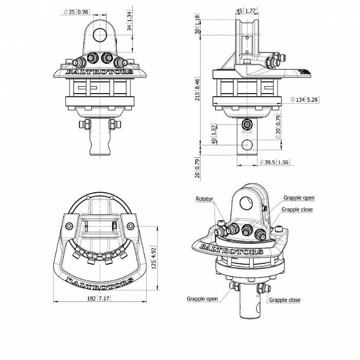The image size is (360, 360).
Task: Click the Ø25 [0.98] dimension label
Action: point(77,11)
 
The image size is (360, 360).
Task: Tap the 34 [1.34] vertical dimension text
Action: point(130,21)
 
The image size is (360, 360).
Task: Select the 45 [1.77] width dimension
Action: point(246,11)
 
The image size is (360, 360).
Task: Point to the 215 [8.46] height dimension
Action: point(197,89)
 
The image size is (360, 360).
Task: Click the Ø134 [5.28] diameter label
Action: point(304,100)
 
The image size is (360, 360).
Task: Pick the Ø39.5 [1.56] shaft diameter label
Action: point(274,162)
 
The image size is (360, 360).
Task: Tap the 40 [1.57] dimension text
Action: point(214,134)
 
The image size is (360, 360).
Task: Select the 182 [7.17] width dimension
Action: point(99,298)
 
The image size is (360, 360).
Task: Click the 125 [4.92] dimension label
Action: point(154,258)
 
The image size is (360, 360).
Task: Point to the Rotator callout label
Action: point(204,199)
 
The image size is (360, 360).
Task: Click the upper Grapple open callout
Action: point(299,197)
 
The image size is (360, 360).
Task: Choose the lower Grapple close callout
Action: point(284,300)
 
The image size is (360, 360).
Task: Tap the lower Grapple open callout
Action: point(202,299)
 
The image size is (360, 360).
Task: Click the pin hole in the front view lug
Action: point(100,35)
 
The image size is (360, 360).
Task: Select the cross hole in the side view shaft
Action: point(247,145)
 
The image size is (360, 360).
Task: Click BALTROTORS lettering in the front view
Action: point(99,71)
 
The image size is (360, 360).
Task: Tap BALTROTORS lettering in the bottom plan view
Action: point(100,281)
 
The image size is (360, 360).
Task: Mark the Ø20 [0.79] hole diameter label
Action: point(278,127)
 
